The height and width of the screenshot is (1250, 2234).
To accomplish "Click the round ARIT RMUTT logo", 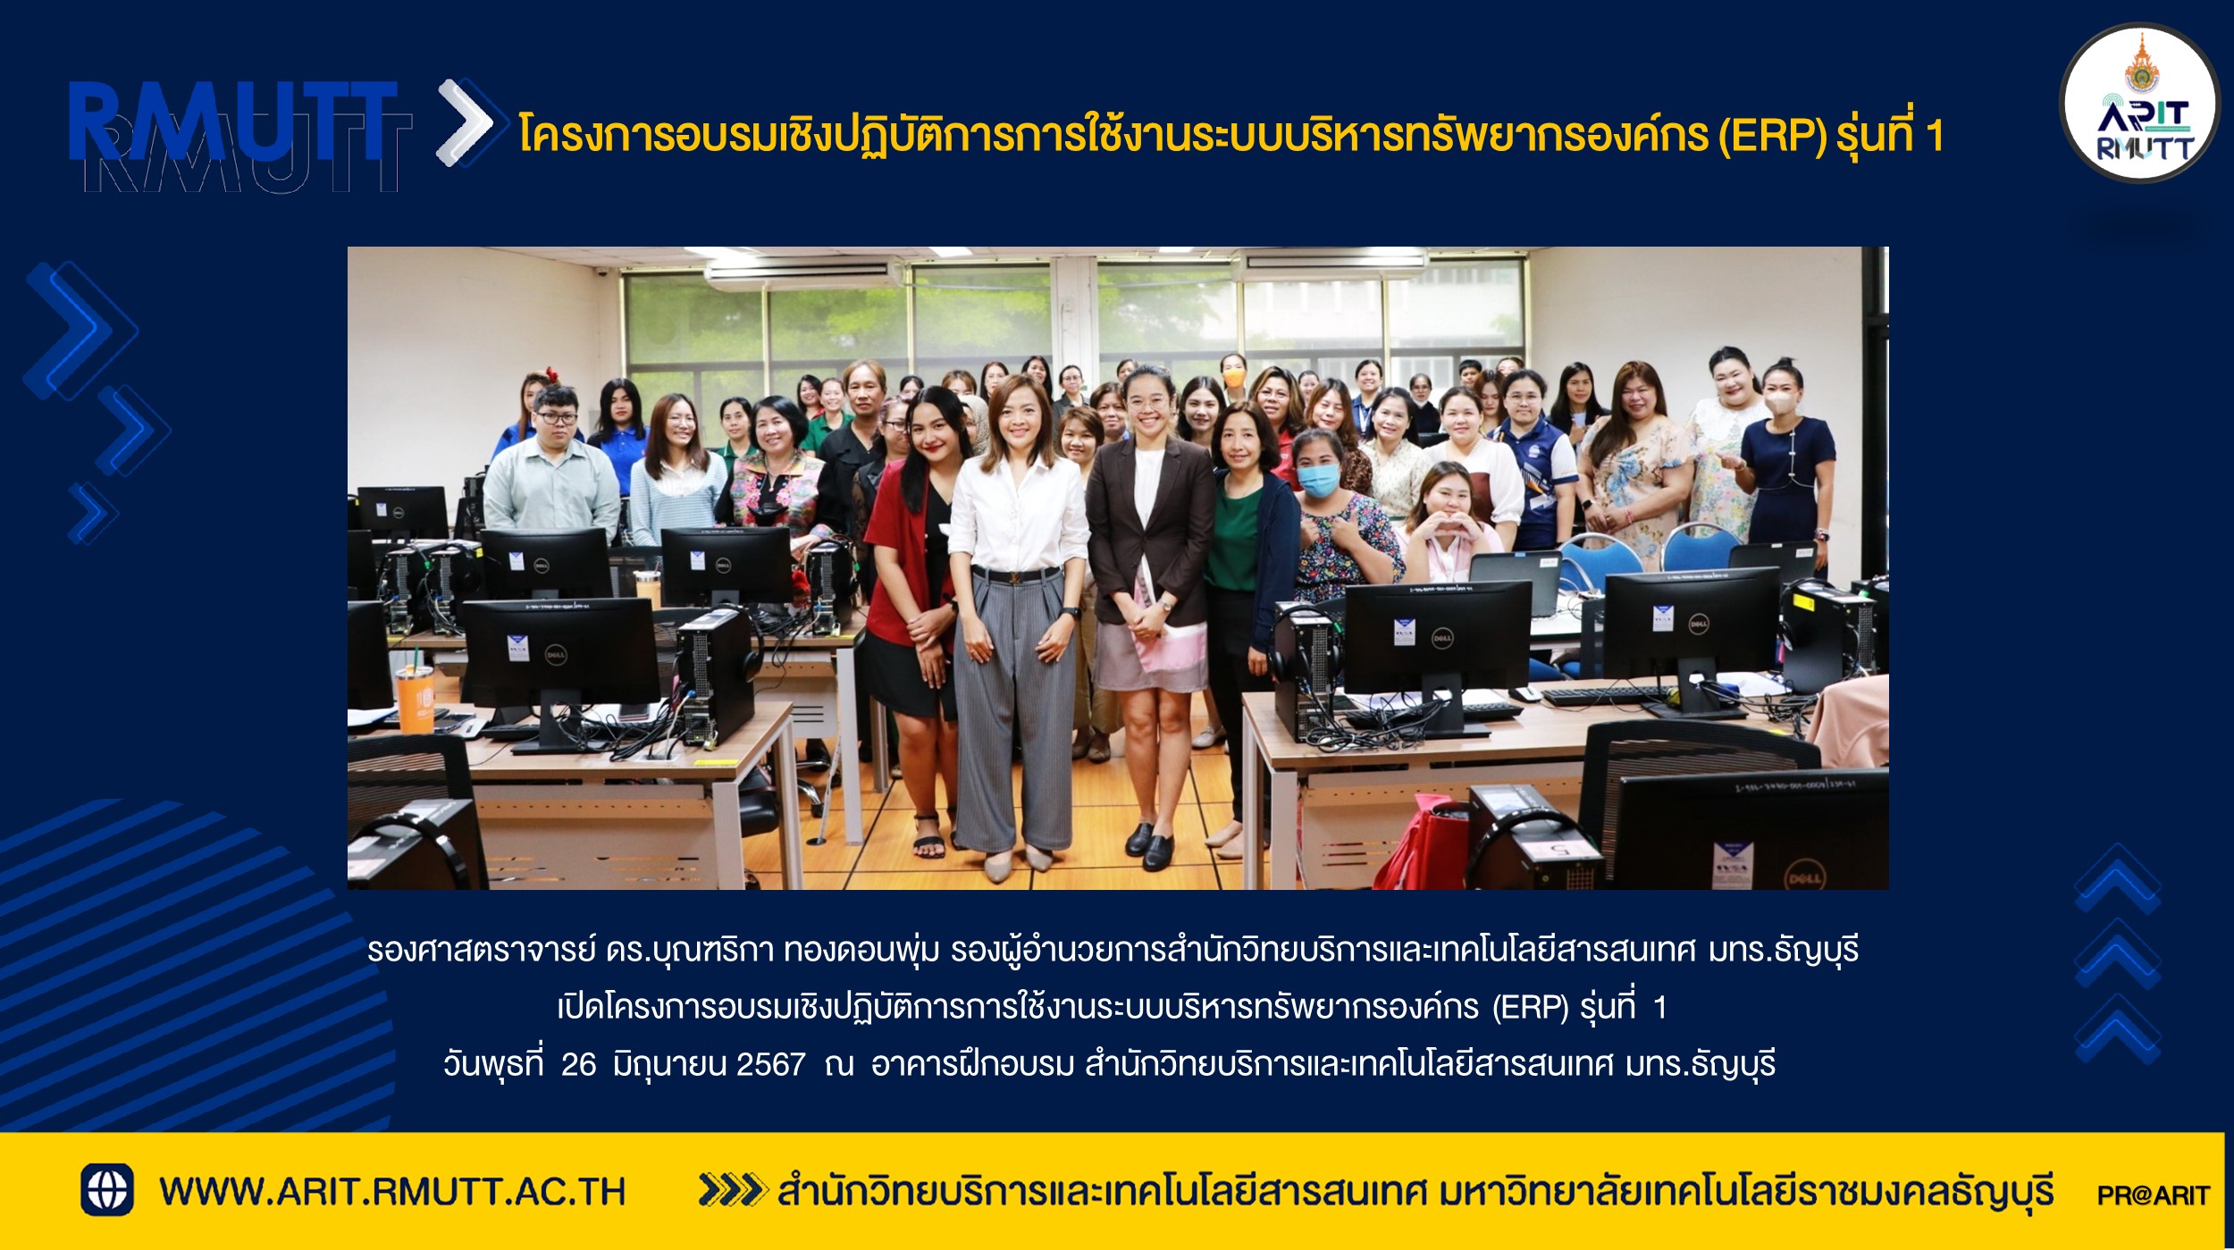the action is (x=2139, y=104).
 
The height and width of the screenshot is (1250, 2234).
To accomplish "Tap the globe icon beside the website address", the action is (x=107, y=1189).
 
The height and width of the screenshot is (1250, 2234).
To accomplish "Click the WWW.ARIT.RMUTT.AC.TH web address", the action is (x=392, y=1192).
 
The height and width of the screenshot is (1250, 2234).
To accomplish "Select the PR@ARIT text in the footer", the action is (x=2153, y=1195).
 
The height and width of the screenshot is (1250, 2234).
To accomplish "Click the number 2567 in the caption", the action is (x=770, y=1064).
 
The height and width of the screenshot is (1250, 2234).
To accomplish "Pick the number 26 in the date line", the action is (x=578, y=1064).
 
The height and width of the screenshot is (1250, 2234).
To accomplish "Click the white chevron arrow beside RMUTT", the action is (x=465, y=122).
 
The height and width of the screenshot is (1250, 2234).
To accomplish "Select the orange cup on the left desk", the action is (x=416, y=698).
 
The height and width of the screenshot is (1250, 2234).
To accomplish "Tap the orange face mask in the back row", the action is (x=1233, y=378).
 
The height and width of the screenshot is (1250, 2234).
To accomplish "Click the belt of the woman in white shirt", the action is (x=1015, y=574).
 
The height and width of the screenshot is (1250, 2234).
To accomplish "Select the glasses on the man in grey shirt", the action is (x=554, y=416).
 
